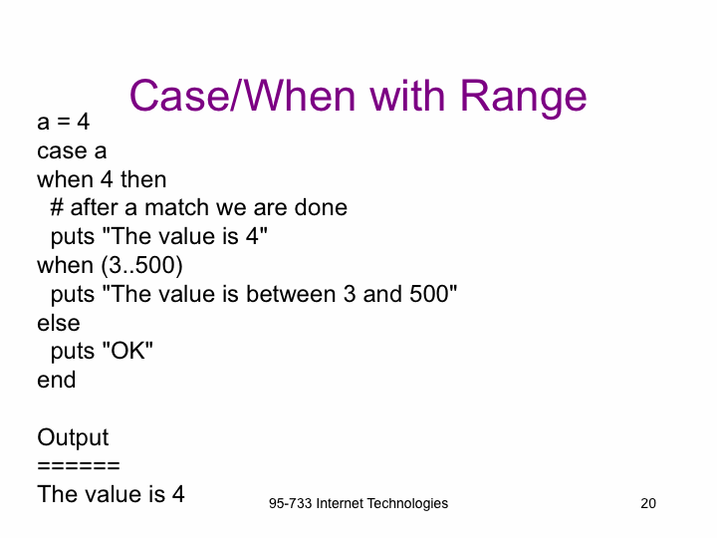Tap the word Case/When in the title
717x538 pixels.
click(x=243, y=96)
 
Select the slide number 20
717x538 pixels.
click(x=648, y=503)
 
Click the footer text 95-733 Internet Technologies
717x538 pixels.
click(x=358, y=504)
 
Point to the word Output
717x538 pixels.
click(x=73, y=437)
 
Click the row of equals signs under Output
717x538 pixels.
click(x=79, y=466)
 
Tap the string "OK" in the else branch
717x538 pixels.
click(x=127, y=351)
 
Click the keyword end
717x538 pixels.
click(x=56, y=380)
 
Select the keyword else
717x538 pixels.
click(x=59, y=323)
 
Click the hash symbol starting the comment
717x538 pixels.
click(x=57, y=207)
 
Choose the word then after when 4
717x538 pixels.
click(x=143, y=179)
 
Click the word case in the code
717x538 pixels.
click(x=62, y=151)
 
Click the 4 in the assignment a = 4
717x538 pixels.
click(x=84, y=122)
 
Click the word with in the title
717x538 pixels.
click(x=407, y=96)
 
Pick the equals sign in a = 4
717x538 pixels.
click(x=64, y=123)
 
